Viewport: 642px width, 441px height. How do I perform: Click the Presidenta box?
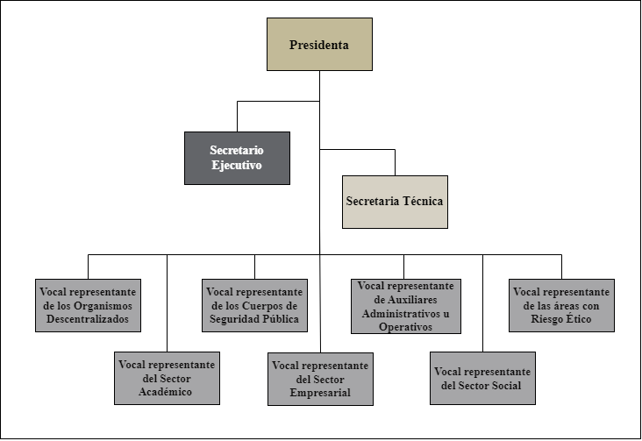(319, 44)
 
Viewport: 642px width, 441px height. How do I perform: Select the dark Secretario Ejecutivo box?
(237, 158)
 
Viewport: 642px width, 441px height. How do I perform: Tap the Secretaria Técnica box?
(395, 202)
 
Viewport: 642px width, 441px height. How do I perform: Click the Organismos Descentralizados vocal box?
(89, 305)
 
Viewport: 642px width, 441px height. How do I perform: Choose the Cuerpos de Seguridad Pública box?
(254, 305)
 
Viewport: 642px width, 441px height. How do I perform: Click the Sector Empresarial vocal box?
(320, 379)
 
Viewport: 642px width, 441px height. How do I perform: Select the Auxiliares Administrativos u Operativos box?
(404, 306)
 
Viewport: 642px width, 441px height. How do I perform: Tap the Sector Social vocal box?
(481, 378)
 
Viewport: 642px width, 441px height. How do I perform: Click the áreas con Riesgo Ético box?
(561, 305)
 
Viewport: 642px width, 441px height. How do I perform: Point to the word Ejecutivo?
(237, 166)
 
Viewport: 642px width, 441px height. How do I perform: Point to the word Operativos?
(404, 327)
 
